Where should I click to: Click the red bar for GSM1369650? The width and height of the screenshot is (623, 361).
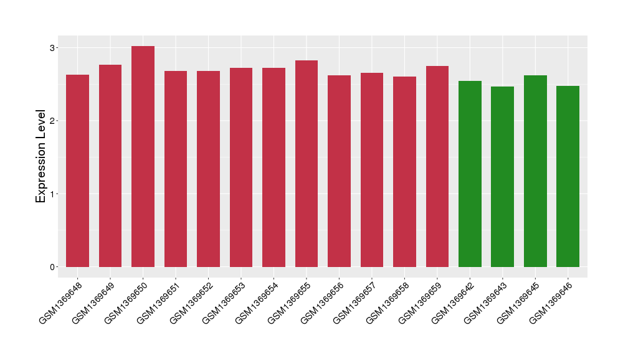coord(143,156)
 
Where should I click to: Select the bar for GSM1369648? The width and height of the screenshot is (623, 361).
coord(77,171)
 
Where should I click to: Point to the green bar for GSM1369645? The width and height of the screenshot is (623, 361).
coord(535,171)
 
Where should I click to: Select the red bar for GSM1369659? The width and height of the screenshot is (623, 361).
coord(437,166)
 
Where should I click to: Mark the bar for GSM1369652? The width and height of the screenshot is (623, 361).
coord(208,169)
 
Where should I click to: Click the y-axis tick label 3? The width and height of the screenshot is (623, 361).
coord(54,48)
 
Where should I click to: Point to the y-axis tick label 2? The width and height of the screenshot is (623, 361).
coord(54,121)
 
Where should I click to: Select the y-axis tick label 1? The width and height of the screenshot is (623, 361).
coord(54,194)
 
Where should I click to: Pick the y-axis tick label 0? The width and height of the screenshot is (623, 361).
coord(54,267)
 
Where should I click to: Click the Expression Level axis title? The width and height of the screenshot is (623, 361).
coord(41,156)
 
